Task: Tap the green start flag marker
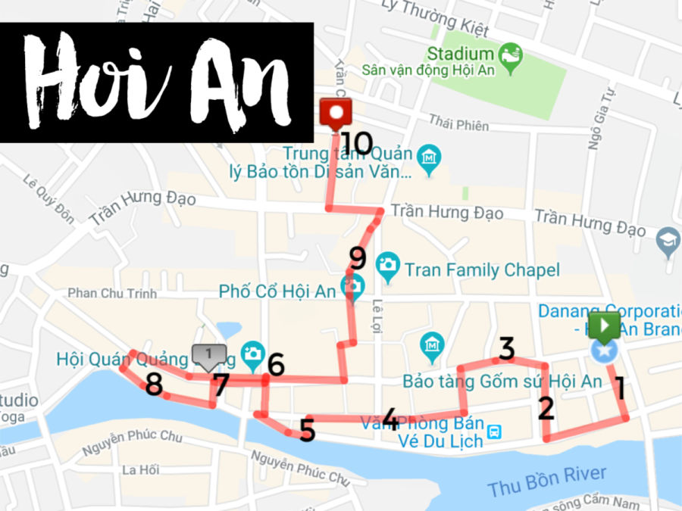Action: click(606, 326)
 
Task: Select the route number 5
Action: click(307, 430)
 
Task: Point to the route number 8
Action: click(154, 385)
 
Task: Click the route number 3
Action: click(506, 348)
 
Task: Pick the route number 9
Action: click(357, 259)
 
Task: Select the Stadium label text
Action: click(460, 54)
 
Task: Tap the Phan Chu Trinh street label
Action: click(111, 293)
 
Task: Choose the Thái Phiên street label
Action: click(458, 121)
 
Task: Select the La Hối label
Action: click(140, 470)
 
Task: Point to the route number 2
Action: click(546, 408)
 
